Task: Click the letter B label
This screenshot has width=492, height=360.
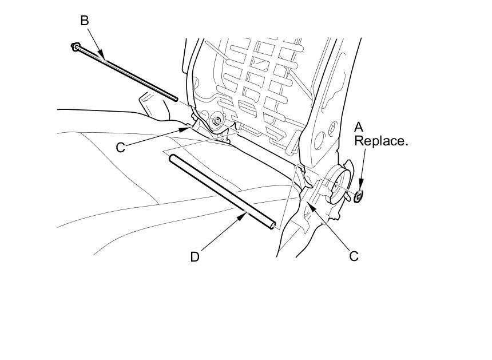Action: click(x=85, y=21)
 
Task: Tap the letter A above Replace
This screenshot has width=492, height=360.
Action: click(x=359, y=127)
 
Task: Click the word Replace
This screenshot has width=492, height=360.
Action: click(x=381, y=141)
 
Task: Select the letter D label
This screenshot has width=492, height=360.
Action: click(x=195, y=257)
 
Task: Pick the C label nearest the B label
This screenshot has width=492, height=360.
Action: click(x=121, y=147)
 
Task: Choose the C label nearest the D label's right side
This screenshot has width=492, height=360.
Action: click(x=354, y=256)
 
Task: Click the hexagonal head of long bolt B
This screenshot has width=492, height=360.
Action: click(x=75, y=47)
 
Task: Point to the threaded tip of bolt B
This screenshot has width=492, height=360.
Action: click(x=175, y=99)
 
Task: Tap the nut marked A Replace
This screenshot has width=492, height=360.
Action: click(x=358, y=196)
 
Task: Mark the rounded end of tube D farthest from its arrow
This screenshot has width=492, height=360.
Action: click(x=172, y=157)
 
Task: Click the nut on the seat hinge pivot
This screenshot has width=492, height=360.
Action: click(x=217, y=121)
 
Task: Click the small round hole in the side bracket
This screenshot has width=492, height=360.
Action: click(x=331, y=128)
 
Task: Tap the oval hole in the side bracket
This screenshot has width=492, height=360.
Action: click(x=319, y=140)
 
